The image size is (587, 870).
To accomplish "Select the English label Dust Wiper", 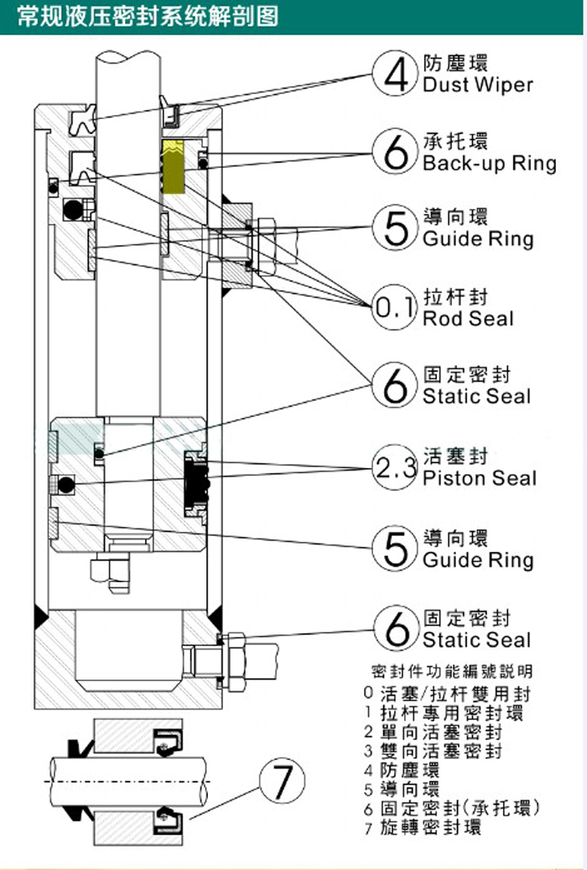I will pos(477,85).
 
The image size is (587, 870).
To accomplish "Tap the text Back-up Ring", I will pos(489,163).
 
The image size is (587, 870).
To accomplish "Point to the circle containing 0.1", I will pos(394,310).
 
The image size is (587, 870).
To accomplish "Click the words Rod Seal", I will pos(468,319).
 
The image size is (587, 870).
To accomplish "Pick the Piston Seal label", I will pos(479,478).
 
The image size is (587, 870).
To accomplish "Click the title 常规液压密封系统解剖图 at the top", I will pos(148,16).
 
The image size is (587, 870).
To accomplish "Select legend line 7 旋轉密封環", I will pos(423,828).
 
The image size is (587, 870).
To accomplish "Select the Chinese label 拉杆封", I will pos(456,298).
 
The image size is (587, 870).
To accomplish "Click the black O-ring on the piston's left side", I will pos(65,484).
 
